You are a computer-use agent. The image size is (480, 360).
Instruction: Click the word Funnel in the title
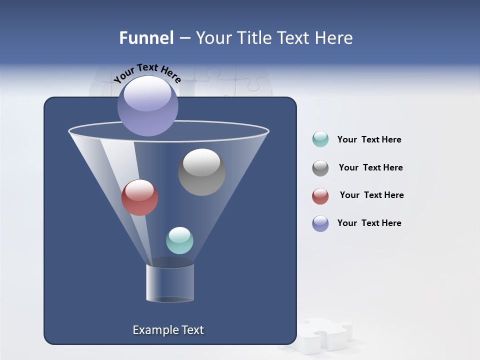coord(146,38)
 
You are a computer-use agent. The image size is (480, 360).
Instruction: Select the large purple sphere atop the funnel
coord(148,106)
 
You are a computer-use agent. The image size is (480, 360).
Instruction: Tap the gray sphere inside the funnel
coord(201,171)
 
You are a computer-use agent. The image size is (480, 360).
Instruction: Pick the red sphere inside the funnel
coord(139,197)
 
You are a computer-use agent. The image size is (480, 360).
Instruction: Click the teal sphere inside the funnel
coord(179,240)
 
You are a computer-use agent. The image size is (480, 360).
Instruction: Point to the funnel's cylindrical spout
coord(170,282)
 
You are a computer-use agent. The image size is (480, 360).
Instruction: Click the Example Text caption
coord(168,330)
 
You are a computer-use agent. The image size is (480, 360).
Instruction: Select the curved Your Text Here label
coord(147,72)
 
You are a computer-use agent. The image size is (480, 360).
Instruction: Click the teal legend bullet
coord(320,139)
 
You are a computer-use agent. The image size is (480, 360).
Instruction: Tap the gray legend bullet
coord(320,168)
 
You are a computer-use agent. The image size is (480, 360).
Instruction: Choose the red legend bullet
coord(320,196)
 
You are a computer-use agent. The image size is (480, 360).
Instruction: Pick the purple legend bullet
coord(320,223)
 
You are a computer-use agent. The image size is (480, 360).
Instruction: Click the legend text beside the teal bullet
coord(369,140)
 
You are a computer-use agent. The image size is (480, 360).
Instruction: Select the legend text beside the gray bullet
coord(370,167)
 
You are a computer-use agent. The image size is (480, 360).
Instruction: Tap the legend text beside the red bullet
coord(371,195)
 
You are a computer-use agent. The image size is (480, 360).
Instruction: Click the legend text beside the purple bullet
coord(369,223)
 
